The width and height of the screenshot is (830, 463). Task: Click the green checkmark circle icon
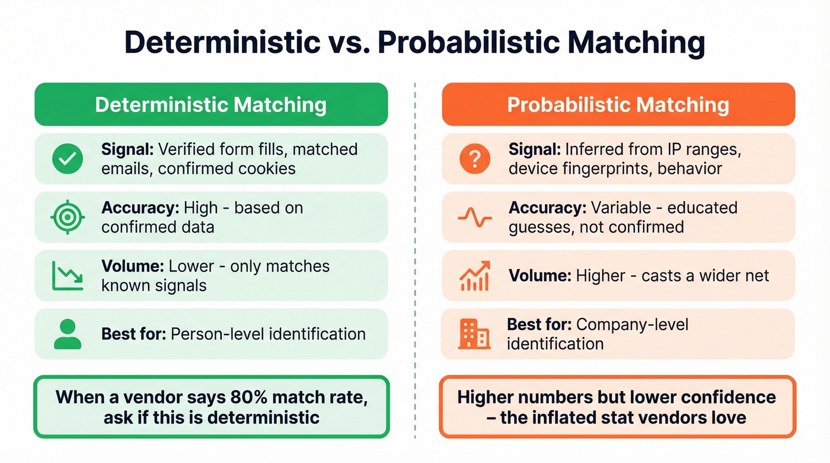68,159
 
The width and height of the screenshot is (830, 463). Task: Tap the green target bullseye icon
68,218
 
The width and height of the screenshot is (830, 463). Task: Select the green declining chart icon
68,276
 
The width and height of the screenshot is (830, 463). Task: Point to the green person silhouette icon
68,334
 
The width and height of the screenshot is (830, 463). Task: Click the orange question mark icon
475,159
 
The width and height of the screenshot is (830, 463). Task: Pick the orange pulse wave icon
475,218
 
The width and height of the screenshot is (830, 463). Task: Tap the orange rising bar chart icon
475,276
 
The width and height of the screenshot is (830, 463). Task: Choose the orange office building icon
474,334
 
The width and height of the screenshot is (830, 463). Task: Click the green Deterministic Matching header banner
211,105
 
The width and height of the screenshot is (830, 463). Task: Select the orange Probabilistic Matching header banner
618,105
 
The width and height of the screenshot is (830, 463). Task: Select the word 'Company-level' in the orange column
632,324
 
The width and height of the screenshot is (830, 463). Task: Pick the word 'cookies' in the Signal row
265,168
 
